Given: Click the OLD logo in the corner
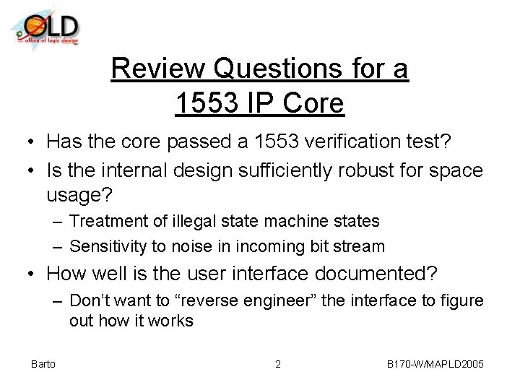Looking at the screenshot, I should [x=45, y=28].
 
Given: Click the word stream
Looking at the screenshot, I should [x=361, y=246].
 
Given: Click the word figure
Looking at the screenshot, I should [x=462, y=300].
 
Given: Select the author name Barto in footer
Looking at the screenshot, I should [x=43, y=364].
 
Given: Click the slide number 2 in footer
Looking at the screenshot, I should [x=278, y=364].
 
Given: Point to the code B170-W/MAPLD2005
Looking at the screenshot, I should [x=435, y=364].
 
